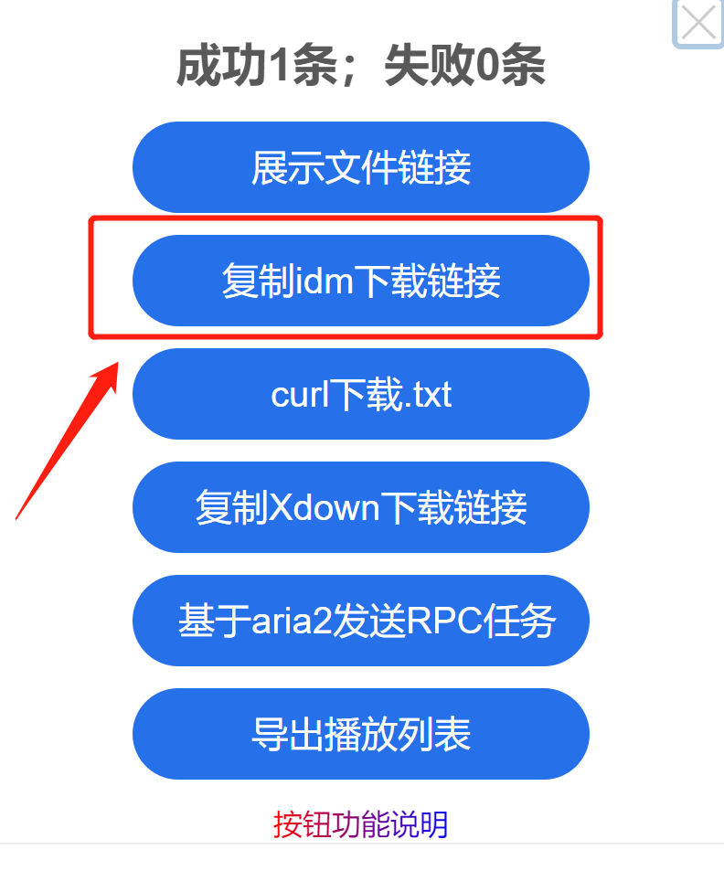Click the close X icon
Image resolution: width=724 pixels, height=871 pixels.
tap(698, 23)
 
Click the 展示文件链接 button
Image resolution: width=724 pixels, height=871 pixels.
tap(361, 168)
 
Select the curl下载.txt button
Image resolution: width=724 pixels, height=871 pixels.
tap(361, 395)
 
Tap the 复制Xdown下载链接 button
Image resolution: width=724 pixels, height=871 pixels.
tap(361, 508)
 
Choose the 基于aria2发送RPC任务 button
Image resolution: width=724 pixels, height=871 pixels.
tap(361, 621)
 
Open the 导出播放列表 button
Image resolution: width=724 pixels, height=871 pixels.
tap(361, 735)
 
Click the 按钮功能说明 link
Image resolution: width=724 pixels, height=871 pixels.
tap(360, 824)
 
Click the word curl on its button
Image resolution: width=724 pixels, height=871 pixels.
tap(300, 395)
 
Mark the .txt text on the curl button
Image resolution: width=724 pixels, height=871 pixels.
tap(427, 396)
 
